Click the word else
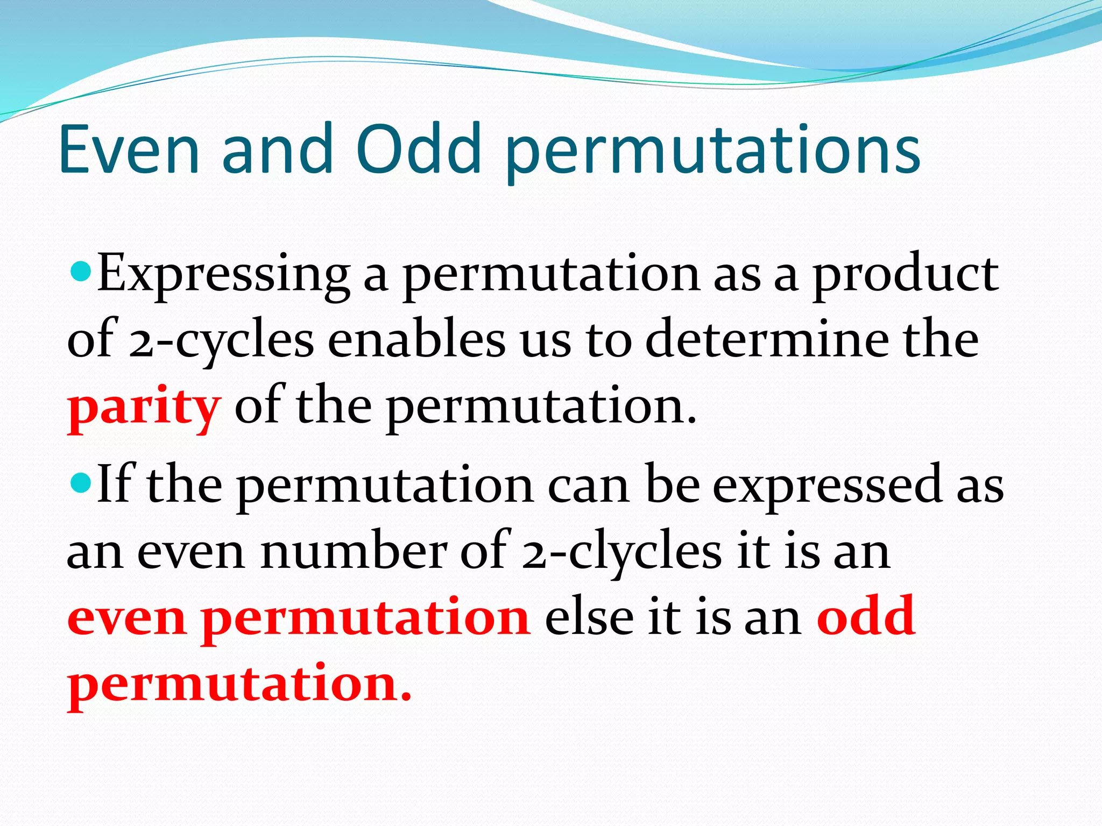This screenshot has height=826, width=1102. click(x=589, y=617)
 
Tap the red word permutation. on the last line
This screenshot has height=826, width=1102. click(x=239, y=685)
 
